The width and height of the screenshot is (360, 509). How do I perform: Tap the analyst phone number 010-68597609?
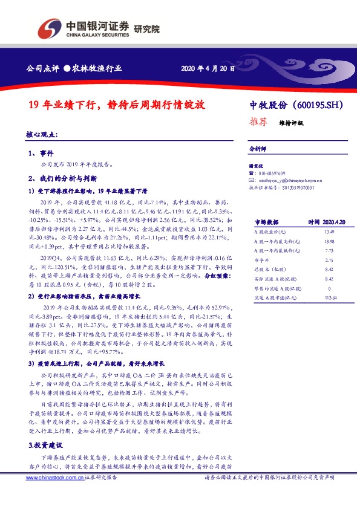pos(272,173)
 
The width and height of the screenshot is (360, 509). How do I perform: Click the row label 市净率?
pos(261,259)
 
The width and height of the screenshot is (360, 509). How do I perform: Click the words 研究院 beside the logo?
pos(147,28)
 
